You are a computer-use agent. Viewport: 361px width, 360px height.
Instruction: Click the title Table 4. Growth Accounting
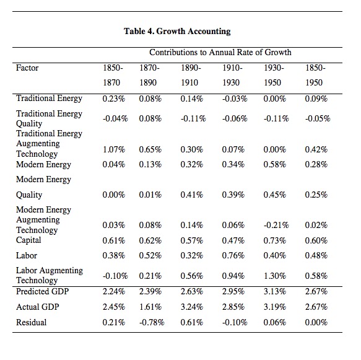pyautogui.click(x=177, y=31)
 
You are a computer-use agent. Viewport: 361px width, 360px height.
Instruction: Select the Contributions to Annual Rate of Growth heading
pyautogui.click(x=220, y=52)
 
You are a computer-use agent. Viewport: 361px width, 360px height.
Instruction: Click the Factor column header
pyautogui.click(x=27, y=68)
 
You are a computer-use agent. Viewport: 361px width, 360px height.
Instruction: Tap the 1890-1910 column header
pyautogui.click(x=191, y=75)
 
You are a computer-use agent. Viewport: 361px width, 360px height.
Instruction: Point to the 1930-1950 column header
pyautogui.click(x=274, y=75)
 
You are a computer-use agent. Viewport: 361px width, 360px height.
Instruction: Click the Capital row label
pyautogui.click(x=28, y=240)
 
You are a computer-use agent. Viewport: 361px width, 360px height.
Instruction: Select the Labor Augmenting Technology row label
pyautogui.click(x=50, y=275)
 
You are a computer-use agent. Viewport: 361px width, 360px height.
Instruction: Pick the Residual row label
pyautogui.click(x=32, y=322)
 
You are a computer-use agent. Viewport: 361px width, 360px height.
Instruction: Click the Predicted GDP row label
pyautogui.click(x=42, y=291)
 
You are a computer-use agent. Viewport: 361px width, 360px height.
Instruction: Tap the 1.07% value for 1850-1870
pyautogui.click(x=114, y=149)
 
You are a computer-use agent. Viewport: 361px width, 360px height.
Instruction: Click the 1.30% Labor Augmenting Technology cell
pyautogui.click(x=275, y=276)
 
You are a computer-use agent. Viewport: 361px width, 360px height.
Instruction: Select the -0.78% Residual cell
pyautogui.click(x=152, y=322)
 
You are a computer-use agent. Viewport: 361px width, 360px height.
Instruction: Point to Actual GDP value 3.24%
pyautogui.click(x=192, y=307)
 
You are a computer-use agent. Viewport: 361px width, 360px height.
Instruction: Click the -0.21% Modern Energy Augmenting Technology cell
pyautogui.click(x=276, y=225)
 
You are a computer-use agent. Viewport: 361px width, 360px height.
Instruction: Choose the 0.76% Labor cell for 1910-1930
pyautogui.click(x=233, y=255)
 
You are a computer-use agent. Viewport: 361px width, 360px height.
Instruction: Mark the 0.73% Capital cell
pyautogui.click(x=275, y=240)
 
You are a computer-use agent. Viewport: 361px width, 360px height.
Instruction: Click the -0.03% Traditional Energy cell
pyautogui.click(x=235, y=99)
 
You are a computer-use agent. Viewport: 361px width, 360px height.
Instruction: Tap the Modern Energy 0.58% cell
pyautogui.click(x=275, y=164)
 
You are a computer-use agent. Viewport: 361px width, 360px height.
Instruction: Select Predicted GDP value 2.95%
pyautogui.click(x=233, y=291)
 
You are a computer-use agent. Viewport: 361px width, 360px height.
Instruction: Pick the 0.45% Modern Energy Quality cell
pyautogui.click(x=275, y=195)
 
